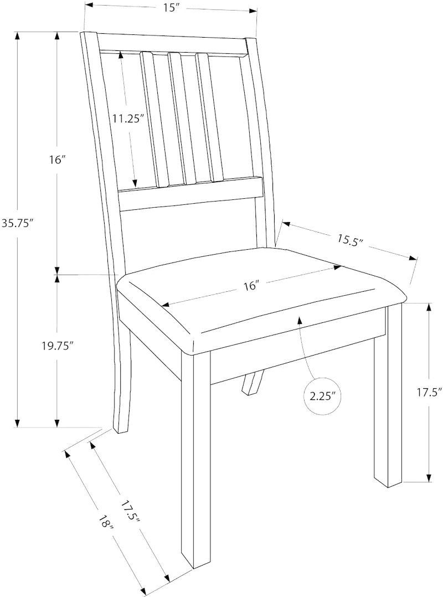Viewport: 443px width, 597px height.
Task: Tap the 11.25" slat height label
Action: coord(127,118)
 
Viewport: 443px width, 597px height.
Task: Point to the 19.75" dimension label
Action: coord(57,346)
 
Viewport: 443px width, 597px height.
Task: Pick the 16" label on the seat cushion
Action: coord(251,286)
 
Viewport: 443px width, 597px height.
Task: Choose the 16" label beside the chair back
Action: coord(57,161)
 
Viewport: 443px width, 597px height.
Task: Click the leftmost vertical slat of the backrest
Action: coord(153,119)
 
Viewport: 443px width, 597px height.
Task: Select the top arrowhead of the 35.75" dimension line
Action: coord(18,35)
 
